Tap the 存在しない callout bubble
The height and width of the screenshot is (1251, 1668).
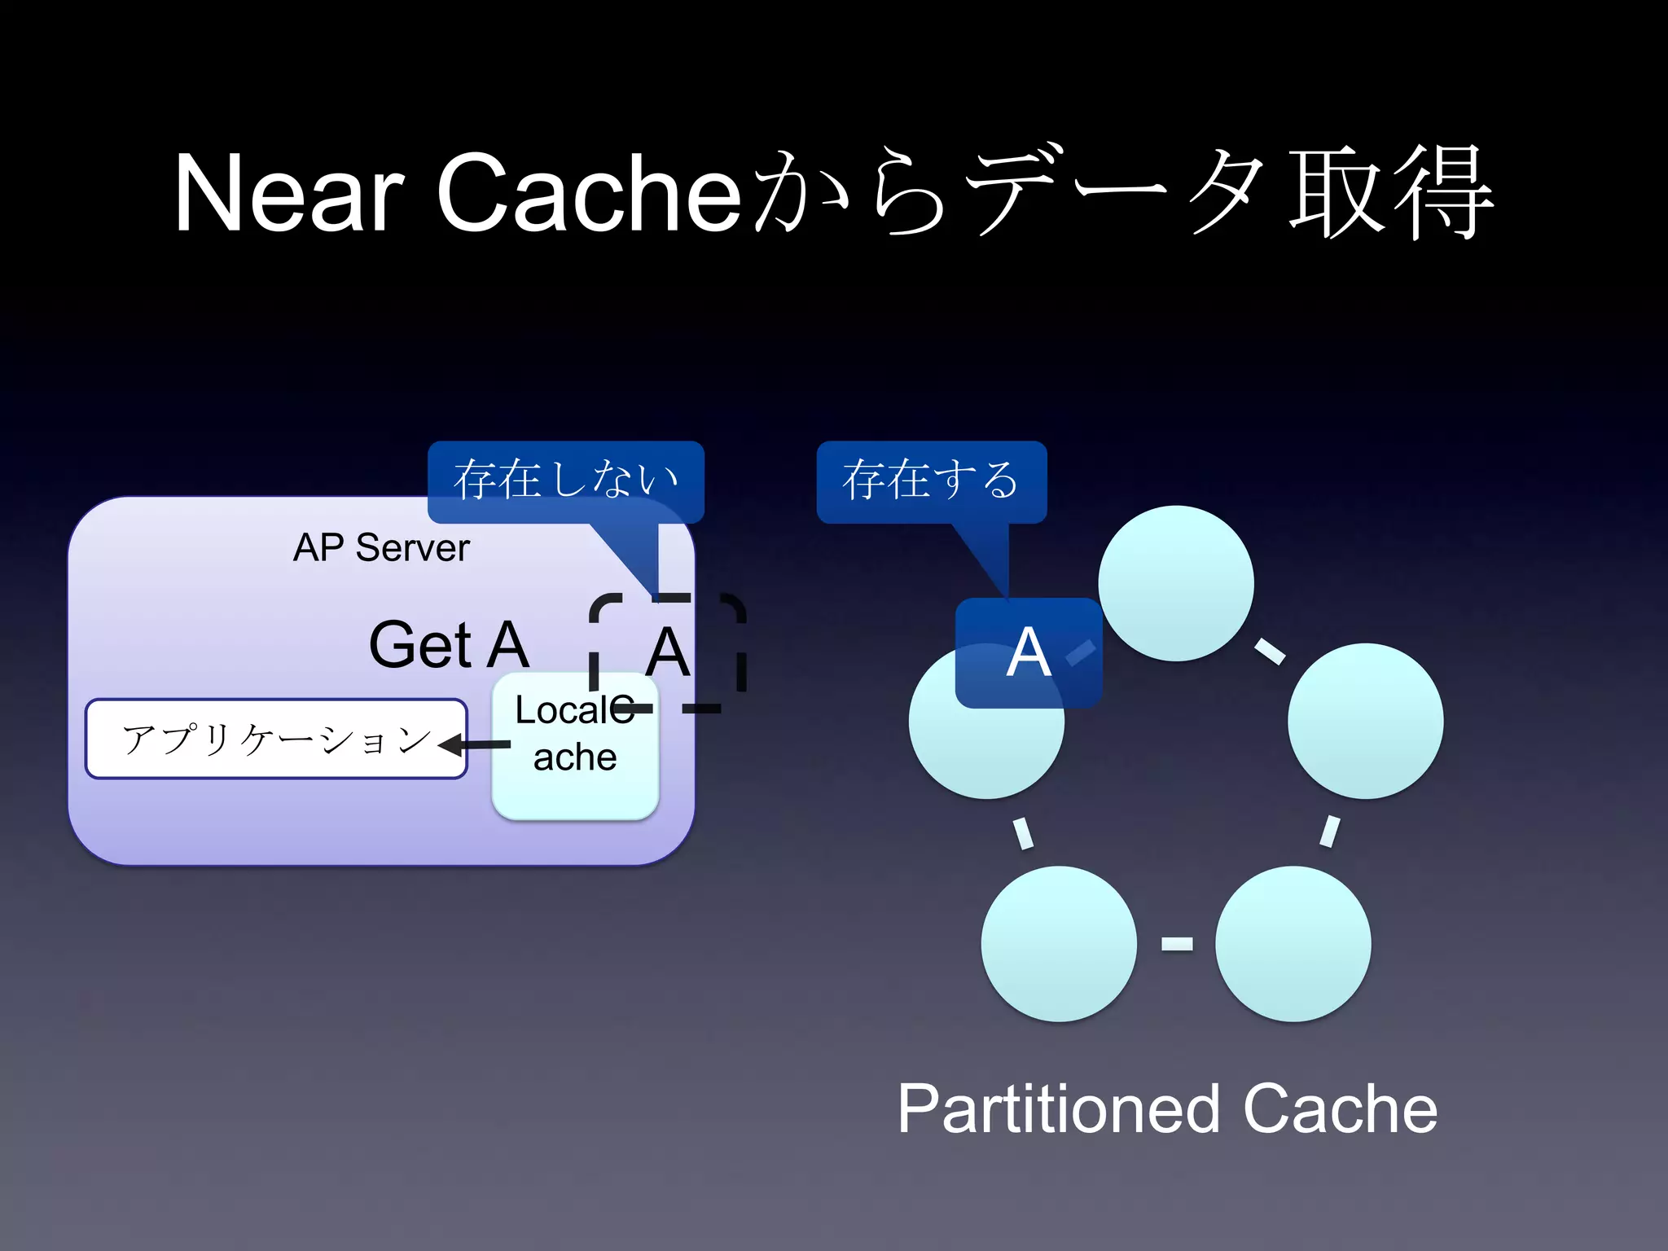(x=565, y=480)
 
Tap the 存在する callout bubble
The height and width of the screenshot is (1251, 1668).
(x=931, y=480)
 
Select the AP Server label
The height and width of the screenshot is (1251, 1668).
(x=381, y=548)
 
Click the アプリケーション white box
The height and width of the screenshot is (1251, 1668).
(x=275, y=739)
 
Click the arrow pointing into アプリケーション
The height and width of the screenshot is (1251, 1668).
(x=476, y=744)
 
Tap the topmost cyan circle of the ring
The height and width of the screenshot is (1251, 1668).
(x=1175, y=583)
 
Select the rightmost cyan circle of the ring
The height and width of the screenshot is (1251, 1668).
(x=1365, y=721)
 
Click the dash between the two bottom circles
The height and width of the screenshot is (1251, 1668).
(x=1176, y=943)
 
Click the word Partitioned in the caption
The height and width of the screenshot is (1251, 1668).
(x=1059, y=1109)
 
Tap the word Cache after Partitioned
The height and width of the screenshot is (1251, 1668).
(x=1340, y=1109)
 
